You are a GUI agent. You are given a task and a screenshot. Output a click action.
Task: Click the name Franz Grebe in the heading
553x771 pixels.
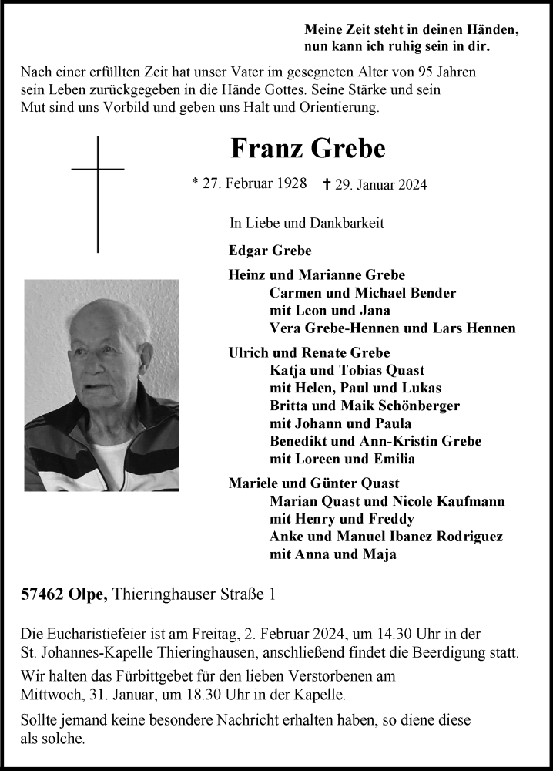307,147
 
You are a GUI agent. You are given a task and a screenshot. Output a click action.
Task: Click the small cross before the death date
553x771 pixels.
327,184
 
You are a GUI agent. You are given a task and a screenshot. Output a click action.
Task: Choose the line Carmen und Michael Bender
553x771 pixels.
362,293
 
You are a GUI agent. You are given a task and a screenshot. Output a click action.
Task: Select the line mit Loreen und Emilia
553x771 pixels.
342,459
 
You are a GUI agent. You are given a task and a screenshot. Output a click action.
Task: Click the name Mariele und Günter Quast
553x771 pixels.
313,483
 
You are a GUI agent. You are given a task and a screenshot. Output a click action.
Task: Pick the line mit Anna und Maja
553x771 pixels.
333,554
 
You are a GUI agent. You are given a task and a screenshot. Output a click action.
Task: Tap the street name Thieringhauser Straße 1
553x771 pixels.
194,594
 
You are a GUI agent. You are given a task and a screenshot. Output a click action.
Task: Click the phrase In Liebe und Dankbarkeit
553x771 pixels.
307,224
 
